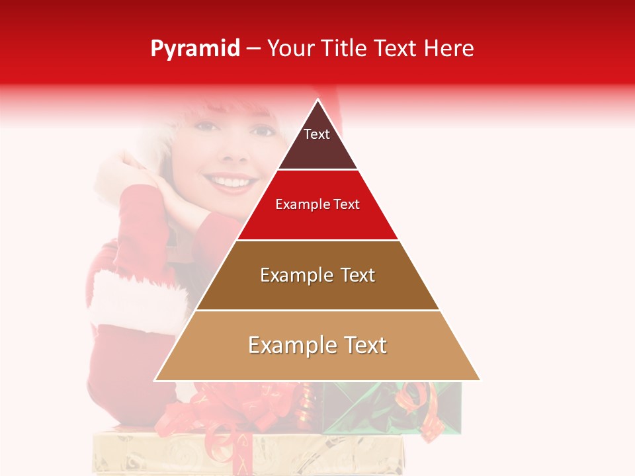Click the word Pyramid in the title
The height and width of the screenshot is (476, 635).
[x=194, y=49]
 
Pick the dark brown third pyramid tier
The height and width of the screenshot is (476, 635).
[x=317, y=291]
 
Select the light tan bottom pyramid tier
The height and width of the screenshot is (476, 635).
[x=317, y=360]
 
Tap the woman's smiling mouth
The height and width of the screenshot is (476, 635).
[x=230, y=181]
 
